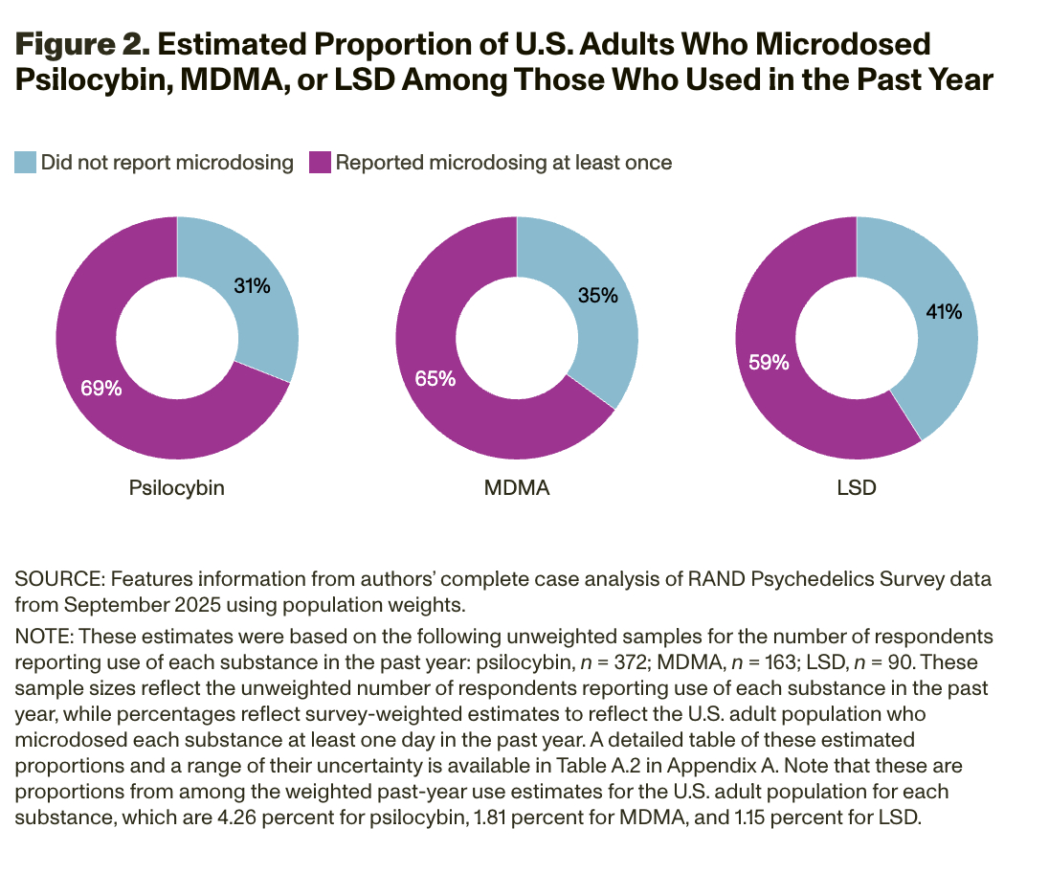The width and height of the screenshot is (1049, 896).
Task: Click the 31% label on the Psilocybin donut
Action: pos(253,285)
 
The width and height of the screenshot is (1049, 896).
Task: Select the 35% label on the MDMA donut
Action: pos(597,295)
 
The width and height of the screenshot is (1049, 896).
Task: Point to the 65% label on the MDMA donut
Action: pos(435,379)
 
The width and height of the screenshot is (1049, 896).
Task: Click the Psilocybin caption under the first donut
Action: pos(177,487)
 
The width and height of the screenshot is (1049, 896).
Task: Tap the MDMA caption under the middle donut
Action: pos(517,487)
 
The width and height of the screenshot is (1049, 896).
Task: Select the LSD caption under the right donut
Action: pos(856,487)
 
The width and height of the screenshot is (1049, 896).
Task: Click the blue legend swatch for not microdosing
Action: pos(25,163)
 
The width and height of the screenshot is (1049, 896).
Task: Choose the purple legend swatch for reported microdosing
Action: pos(320,163)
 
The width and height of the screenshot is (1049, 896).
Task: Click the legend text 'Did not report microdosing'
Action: pos(167,163)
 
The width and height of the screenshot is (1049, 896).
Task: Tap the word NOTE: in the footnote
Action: pos(43,637)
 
